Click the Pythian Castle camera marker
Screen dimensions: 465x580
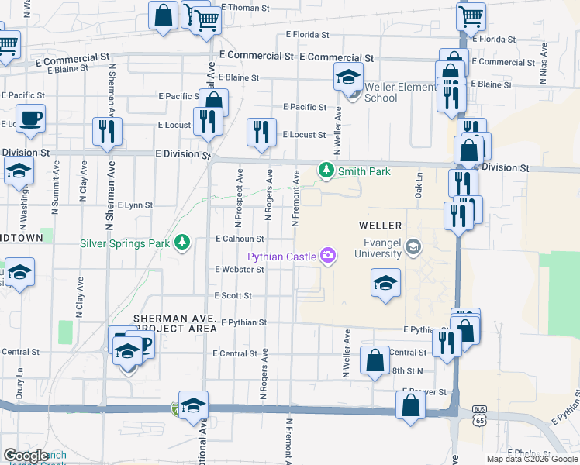pyautogui.click(x=328, y=255)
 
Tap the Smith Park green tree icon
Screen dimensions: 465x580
pyautogui.click(x=326, y=170)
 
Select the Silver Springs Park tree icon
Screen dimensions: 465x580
pyautogui.click(x=182, y=243)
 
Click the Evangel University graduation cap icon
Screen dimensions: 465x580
pyautogui.click(x=413, y=247)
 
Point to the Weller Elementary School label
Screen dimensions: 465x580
pyautogui.click(x=392, y=92)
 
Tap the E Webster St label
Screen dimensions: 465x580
pyautogui.click(x=239, y=269)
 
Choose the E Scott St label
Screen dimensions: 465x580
pyautogui.click(x=233, y=295)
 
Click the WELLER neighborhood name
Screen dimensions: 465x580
pyautogui.click(x=380, y=226)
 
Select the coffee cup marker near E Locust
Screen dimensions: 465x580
pyautogui.click(x=31, y=119)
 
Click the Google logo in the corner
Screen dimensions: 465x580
pyautogui.click(x=25, y=456)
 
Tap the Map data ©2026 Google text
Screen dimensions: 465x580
pyautogui.click(x=532, y=459)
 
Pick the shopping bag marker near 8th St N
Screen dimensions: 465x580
pyautogui.click(x=375, y=360)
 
